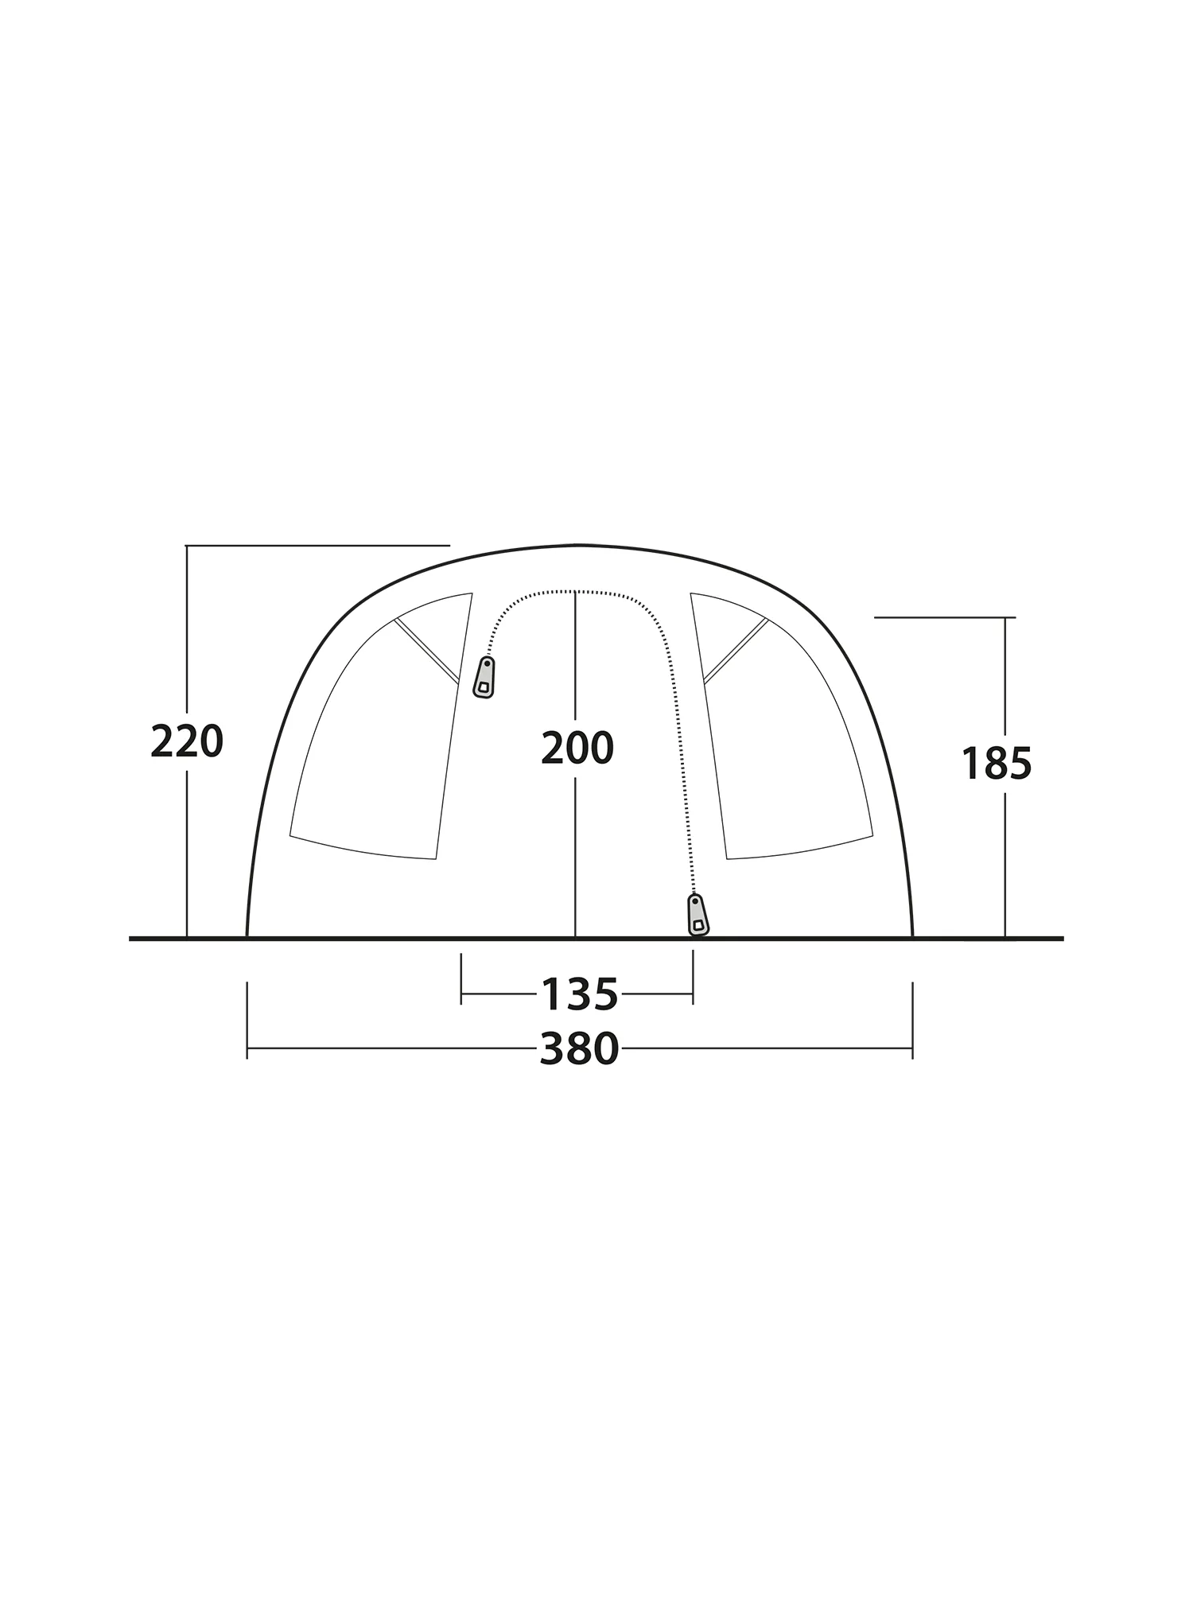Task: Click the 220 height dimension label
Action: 187,742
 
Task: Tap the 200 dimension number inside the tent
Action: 577,748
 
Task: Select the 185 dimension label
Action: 996,764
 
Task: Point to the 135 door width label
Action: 579,994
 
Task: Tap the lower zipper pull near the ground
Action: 698,915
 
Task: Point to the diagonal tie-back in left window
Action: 427,651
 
